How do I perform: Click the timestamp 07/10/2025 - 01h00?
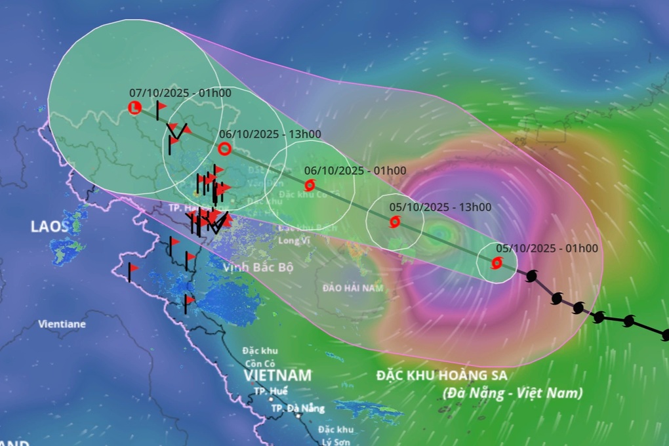point(180,93)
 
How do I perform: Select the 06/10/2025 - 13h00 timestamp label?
point(270,134)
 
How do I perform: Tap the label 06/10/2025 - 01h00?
point(355,171)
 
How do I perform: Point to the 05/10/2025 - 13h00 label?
point(439,207)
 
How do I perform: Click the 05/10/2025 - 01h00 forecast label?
point(546,249)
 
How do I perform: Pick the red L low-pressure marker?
point(134,107)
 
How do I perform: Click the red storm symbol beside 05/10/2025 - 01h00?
point(497,263)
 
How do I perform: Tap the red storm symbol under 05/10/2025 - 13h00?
point(394,222)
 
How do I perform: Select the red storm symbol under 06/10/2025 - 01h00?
point(310,185)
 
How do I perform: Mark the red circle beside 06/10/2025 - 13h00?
point(224,149)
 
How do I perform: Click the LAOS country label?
point(49,227)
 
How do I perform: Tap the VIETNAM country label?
point(277,376)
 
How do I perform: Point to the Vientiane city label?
point(62,324)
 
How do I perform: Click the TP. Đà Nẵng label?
point(298,409)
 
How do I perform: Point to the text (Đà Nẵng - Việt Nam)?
point(512,394)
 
